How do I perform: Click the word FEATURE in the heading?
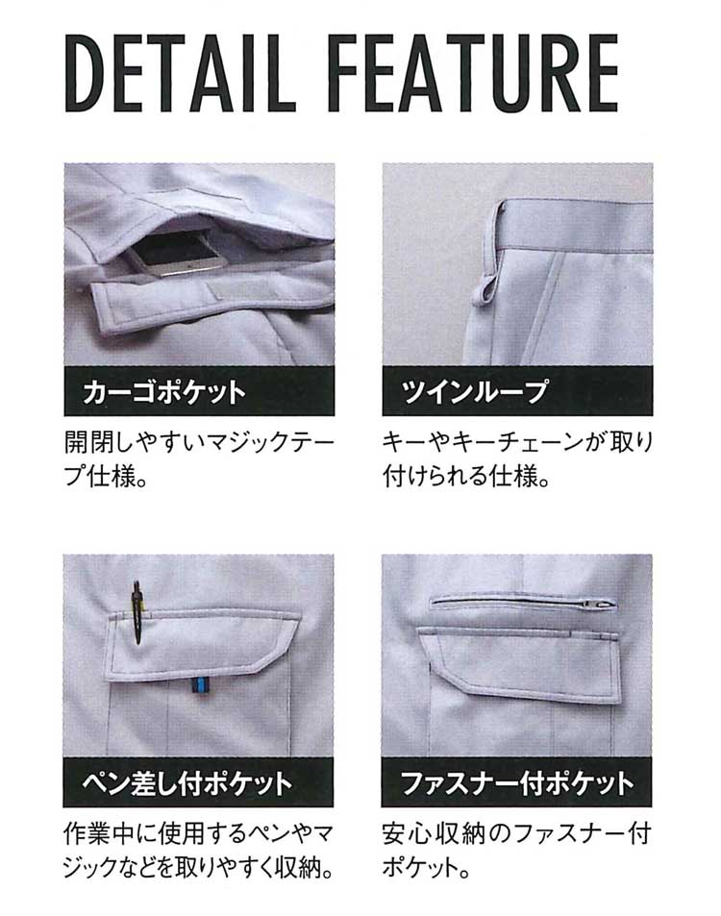472,73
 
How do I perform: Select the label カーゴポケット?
164,392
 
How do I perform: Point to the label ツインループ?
475,391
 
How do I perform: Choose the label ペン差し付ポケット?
186,782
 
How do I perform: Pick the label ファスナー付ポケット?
517,782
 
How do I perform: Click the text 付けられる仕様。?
467,477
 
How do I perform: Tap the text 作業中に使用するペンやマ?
198,833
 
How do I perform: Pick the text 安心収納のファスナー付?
516,833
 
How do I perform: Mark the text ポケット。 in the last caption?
427,868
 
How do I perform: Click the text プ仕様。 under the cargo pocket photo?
105,477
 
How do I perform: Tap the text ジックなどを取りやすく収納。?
198,868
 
